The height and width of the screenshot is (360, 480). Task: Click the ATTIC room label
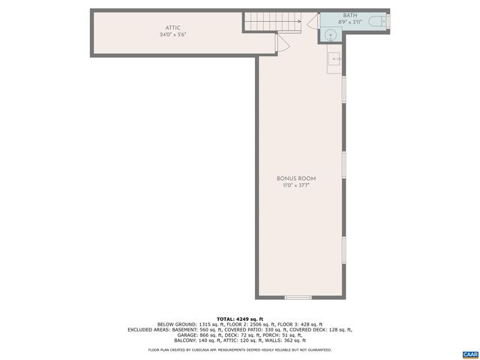pyautogui.click(x=173, y=28)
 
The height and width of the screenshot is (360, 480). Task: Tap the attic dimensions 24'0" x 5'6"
pyautogui.click(x=173, y=34)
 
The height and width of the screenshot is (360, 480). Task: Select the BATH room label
pyautogui.click(x=349, y=15)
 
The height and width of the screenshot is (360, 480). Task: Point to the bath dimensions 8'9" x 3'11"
pyautogui.click(x=349, y=22)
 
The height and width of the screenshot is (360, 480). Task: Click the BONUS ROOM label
pyautogui.click(x=296, y=178)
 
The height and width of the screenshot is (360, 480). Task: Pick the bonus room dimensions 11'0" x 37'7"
pyautogui.click(x=296, y=184)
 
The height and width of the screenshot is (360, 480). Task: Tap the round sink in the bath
pyautogui.click(x=331, y=34)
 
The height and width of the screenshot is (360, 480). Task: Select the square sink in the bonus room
pyautogui.click(x=334, y=57)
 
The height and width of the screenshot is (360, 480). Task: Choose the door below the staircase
pyautogui.click(x=280, y=43)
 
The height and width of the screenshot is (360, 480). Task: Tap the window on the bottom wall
pyautogui.click(x=298, y=298)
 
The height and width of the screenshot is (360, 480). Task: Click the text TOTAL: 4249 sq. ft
pyautogui.click(x=240, y=319)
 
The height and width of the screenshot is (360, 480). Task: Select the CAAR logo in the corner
pyautogui.click(x=470, y=352)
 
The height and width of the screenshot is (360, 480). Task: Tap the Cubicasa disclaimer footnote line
pyautogui.click(x=240, y=349)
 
